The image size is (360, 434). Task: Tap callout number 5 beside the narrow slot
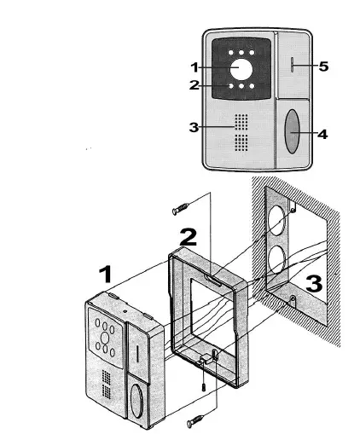click(x=323, y=67)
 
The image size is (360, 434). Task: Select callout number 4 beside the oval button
click(x=322, y=134)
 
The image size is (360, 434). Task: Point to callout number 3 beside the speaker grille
click(x=194, y=128)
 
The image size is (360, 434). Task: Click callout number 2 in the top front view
click(x=194, y=84)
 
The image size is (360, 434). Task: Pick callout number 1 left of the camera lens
click(x=194, y=67)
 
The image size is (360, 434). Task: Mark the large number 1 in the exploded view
click(x=106, y=275)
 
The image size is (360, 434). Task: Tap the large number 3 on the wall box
click(x=313, y=283)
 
